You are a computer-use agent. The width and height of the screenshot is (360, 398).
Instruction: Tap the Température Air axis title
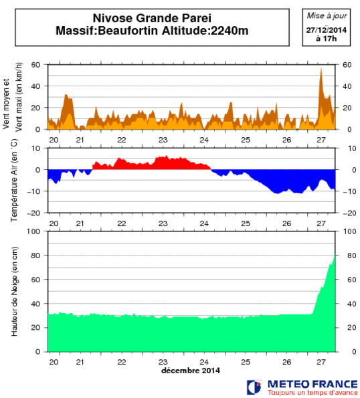pos(13,180)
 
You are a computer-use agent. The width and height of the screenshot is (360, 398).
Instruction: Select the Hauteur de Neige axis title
pos(14,291)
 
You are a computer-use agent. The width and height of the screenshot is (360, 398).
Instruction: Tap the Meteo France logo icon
pos(254,387)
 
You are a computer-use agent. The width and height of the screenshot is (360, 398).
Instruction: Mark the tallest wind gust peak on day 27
pos(321,68)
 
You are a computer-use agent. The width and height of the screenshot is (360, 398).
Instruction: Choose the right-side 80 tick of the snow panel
pos(347,255)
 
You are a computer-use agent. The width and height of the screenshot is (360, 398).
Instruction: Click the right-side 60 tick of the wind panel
pos(347,65)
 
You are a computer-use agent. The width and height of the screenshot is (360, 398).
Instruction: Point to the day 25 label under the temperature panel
pos(246,223)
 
